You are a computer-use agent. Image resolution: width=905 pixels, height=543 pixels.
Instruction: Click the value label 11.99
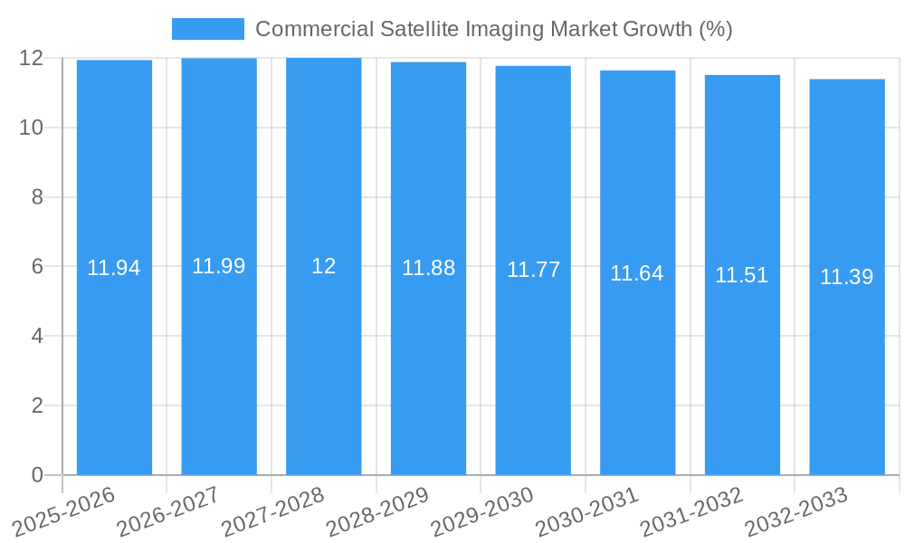tap(218, 266)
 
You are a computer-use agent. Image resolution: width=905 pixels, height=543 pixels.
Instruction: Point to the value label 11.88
tap(428, 268)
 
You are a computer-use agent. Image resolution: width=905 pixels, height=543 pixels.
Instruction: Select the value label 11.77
tap(533, 270)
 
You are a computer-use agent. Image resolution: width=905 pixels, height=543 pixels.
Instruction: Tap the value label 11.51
tap(741, 275)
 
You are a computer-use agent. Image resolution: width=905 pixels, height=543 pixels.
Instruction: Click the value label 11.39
tap(846, 277)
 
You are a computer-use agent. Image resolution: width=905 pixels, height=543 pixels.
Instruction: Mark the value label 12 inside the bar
tap(323, 266)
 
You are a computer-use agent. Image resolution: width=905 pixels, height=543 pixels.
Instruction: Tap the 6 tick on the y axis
tap(37, 267)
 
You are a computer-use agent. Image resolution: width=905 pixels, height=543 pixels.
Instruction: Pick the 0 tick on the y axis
tap(37, 475)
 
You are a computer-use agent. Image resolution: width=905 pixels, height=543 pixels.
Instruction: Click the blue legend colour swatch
tap(207, 29)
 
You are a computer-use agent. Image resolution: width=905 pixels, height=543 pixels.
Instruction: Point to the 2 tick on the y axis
tap(37, 405)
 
